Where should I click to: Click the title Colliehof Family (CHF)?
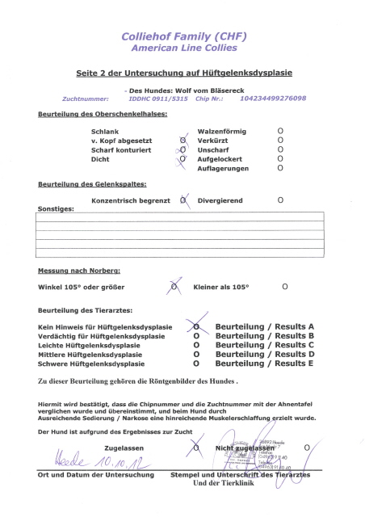(182, 36)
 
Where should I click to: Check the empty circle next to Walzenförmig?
(280, 130)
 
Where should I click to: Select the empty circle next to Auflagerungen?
(280, 169)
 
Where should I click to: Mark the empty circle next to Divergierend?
(280, 199)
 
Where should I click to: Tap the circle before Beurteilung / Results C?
(195, 345)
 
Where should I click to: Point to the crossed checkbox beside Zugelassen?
(195, 445)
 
